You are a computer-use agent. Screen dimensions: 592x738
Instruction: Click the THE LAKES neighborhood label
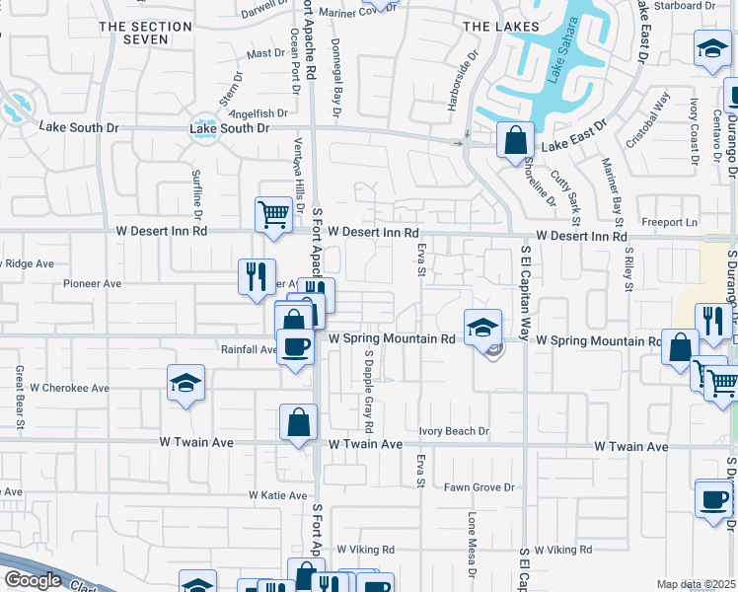coord(501,27)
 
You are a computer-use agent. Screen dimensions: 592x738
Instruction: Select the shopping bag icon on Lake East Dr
coord(515,141)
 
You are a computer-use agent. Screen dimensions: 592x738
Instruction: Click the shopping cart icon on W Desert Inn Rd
coord(273,213)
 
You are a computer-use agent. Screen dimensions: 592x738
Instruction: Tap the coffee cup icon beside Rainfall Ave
coord(295,346)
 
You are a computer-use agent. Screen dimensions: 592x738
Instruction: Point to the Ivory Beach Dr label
coord(454,431)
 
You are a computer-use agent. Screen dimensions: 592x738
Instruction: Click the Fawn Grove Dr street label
coord(480,487)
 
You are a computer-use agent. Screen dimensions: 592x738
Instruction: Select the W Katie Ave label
coord(280,495)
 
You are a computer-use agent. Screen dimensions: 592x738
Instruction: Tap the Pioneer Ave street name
coord(92,283)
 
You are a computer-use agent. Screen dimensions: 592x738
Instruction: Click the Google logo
coord(33,580)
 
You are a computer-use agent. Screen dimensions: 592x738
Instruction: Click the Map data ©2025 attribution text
coord(695,584)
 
